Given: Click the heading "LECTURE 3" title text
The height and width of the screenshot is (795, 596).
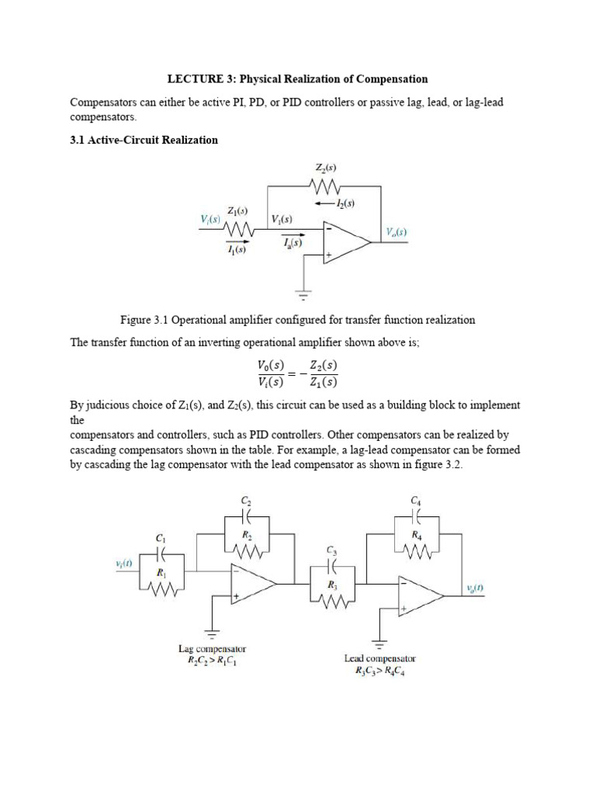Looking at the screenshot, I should pyautogui.click(x=297, y=79).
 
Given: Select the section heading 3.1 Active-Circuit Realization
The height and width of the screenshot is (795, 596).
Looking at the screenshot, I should pyautogui.click(x=144, y=141).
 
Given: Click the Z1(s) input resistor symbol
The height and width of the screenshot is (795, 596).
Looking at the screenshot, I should pyautogui.click(x=237, y=230).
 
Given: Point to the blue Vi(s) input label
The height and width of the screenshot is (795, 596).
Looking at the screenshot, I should pyautogui.click(x=210, y=220).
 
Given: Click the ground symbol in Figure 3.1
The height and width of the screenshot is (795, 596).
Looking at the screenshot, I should pyautogui.click(x=303, y=295).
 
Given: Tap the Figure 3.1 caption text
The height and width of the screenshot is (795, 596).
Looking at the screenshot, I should pyautogui.click(x=297, y=320).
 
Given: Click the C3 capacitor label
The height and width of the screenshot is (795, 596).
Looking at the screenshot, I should pyautogui.click(x=332, y=552).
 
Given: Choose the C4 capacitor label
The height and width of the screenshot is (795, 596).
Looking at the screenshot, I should pyautogui.click(x=416, y=502).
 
